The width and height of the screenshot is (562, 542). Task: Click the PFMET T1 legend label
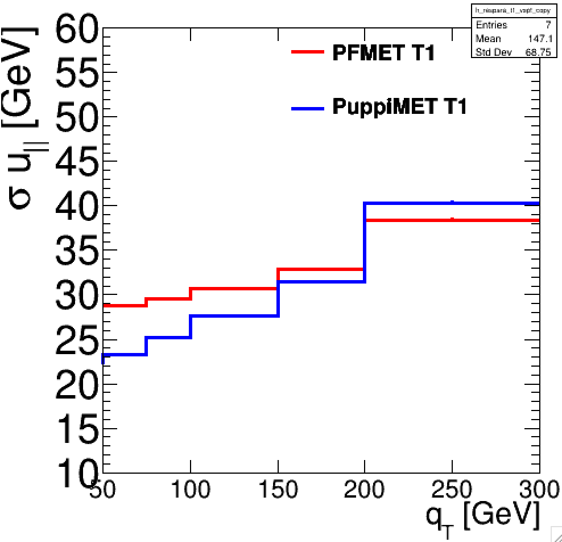click(383, 54)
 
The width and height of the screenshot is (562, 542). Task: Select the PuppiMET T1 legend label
click(399, 106)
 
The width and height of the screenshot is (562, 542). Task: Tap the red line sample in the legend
click(308, 52)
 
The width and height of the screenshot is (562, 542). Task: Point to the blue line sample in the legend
click(308, 108)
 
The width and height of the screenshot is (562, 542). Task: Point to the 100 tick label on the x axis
click(191, 490)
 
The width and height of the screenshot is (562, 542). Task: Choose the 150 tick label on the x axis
click(278, 490)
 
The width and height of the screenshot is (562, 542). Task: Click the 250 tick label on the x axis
click(452, 490)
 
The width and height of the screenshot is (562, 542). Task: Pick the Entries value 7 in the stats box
click(532, 25)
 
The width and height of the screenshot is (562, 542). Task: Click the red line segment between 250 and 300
click(495, 220)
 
